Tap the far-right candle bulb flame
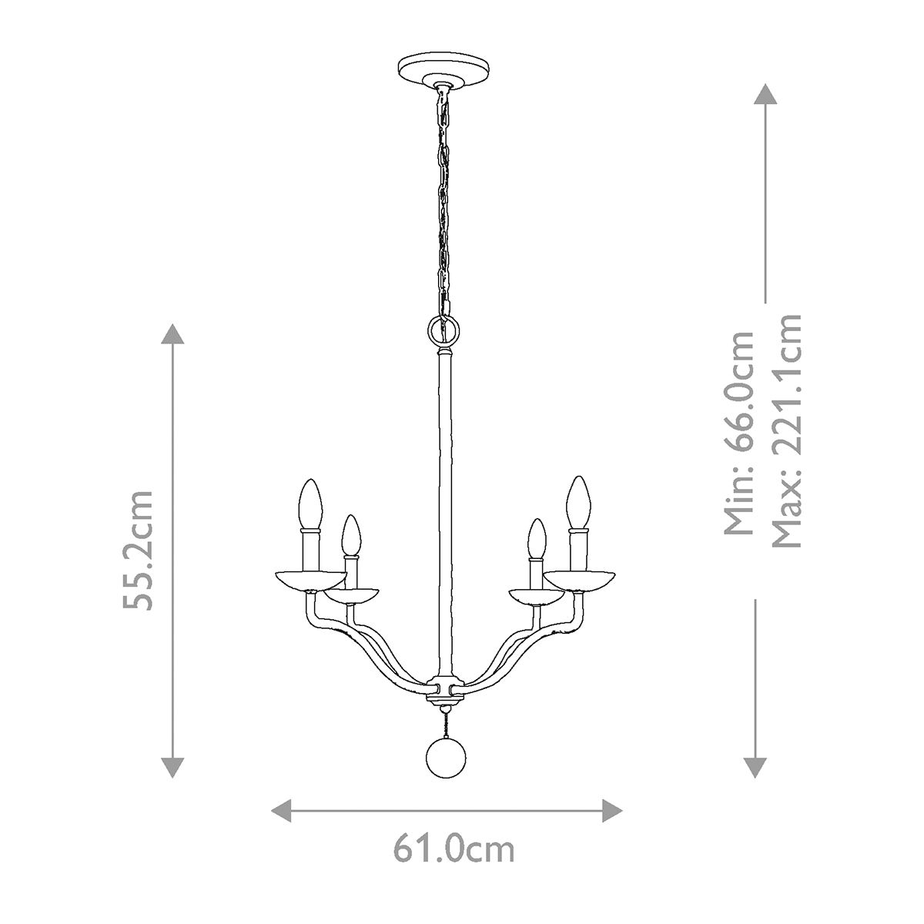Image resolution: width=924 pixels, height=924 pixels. (x=578, y=502)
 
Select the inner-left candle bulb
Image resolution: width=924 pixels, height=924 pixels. (x=351, y=536)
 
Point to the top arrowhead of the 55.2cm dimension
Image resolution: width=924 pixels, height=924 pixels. (x=173, y=336)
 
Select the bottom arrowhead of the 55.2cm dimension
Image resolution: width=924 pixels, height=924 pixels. (x=173, y=767)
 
